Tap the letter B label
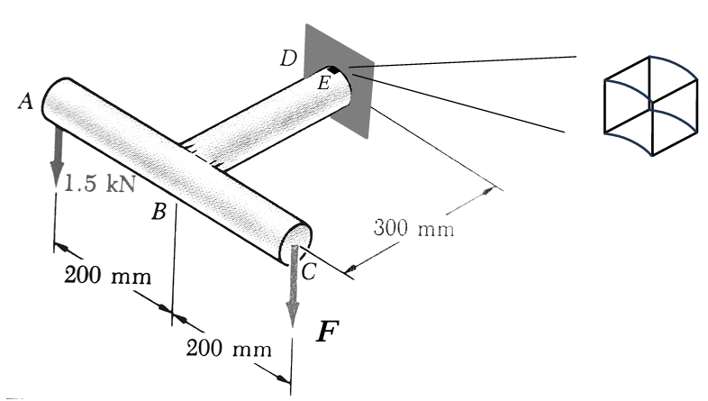point(159,213)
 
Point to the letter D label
point(288,59)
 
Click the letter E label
point(323,84)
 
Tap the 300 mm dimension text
point(413,227)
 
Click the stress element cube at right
point(649,105)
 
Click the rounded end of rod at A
point(55,97)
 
